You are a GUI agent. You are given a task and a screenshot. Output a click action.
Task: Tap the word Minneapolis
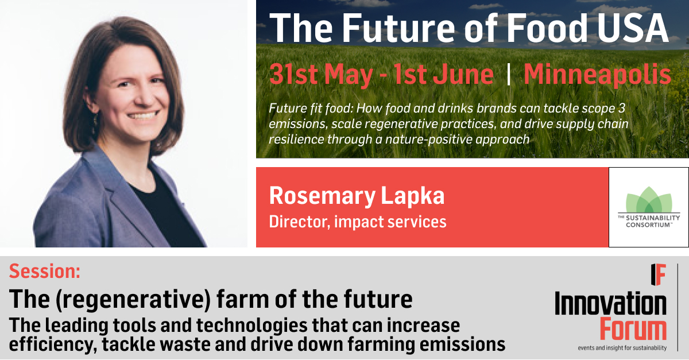597,74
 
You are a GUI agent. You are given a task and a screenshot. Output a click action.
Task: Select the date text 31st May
321,74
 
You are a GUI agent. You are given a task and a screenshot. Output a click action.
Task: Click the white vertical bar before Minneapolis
509,74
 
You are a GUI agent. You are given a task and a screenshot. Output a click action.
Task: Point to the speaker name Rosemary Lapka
357,196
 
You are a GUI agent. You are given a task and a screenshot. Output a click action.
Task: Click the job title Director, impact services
358,222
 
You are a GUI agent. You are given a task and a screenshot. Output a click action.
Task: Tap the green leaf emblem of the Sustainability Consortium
649,200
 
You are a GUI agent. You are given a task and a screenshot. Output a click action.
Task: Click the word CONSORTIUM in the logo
649,225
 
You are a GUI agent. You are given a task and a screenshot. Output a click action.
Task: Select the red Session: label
45,271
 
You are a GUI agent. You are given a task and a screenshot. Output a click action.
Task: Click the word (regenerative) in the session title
133,299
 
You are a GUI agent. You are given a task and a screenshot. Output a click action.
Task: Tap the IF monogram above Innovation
658,274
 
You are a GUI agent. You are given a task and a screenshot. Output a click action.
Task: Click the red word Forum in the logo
633,329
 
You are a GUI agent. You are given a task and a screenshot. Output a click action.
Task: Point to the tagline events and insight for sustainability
622,348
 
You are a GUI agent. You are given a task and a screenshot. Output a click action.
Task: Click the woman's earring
95,122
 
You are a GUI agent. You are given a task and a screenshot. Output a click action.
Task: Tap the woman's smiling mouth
143,115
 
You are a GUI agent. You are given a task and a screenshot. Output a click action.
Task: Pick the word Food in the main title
547,28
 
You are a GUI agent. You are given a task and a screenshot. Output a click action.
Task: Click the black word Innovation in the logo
610,304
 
